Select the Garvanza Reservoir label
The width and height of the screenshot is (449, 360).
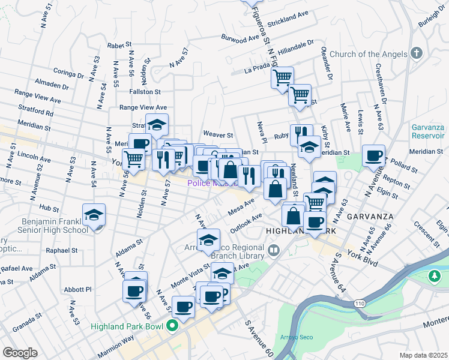[x=429, y=132]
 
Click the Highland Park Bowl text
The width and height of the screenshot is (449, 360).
[x=127, y=327]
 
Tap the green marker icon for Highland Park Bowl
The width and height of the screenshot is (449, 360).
[x=172, y=327]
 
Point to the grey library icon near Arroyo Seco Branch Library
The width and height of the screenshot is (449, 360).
[x=274, y=249]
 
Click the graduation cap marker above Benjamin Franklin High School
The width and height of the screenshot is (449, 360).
[x=94, y=215]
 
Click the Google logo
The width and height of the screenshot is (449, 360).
[x=19, y=353]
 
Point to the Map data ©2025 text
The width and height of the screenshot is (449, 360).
[x=422, y=355]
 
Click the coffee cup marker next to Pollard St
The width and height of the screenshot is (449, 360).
[x=373, y=155]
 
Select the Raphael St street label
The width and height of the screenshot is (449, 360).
[x=58, y=250]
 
